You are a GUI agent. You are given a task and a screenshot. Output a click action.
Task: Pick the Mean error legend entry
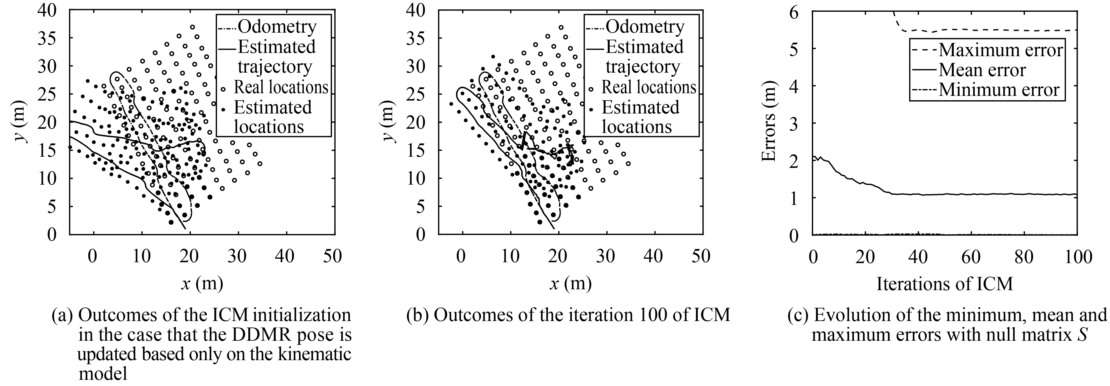click(982, 70)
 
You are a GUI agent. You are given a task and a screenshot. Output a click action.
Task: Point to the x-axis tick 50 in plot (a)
click(333, 256)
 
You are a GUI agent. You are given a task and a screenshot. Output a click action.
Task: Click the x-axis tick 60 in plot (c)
click(971, 257)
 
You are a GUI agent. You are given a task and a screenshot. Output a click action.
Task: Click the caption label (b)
click(417, 315)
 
